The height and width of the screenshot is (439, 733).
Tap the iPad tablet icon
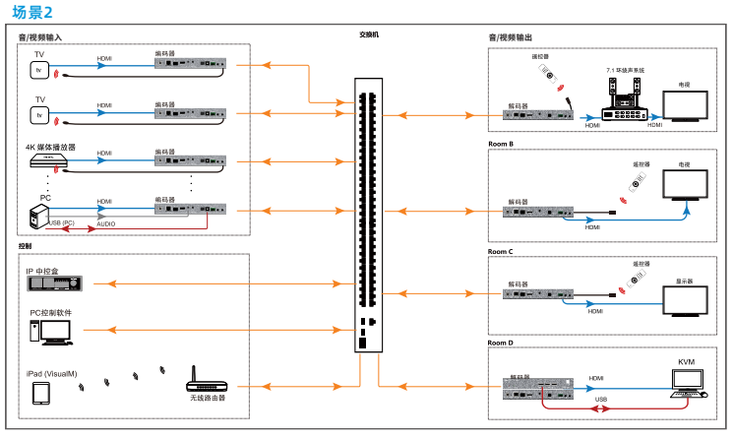[x=40, y=394]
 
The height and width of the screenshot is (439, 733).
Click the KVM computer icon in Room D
[x=687, y=382]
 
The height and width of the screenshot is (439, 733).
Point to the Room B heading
[x=501, y=144]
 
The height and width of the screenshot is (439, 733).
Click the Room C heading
[x=501, y=251]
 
